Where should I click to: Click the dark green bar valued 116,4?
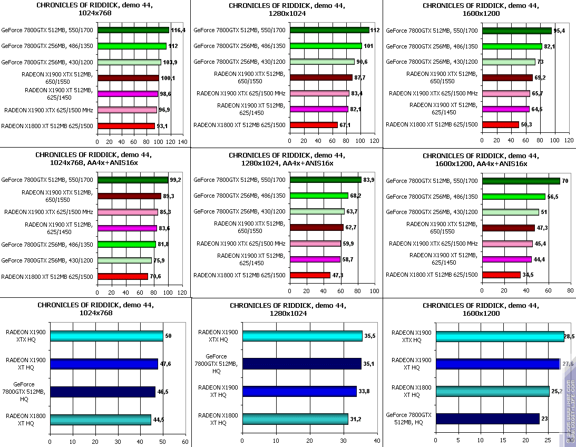[133, 30]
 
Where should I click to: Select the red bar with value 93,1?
[126, 126]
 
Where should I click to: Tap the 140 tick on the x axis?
[183, 142]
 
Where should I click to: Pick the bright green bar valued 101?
[325, 46]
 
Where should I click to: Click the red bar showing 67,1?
[314, 125]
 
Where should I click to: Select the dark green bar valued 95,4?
[516, 31]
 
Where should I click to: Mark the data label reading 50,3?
[528, 125]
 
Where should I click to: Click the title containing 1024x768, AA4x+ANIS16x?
[94, 159]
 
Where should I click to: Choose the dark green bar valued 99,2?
[132, 180]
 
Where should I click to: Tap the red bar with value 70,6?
[123, 276]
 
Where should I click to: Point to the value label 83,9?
[369, 180]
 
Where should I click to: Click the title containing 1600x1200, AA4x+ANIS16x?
[481, 160]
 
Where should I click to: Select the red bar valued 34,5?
[501, 275]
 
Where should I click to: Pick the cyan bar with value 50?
[106, 336]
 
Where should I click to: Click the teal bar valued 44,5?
[100, 420]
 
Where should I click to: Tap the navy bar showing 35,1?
[301, 364]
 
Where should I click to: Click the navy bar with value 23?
[487, 419]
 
